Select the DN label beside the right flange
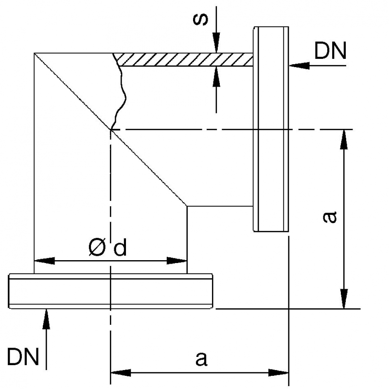[x=331, y=51]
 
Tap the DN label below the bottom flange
[x=23, y=357]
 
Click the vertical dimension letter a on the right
[x=330, y=217]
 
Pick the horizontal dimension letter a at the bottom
[x=201, y=359]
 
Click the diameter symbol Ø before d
[x=97, y=248]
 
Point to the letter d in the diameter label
[x=120, y=248]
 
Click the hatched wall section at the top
[x=185, y=60]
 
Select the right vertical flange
[x=271, y=129]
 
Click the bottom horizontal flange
[x=111, y=291]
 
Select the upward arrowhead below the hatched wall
[x=217, y=75]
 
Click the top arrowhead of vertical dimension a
[x=344, y=139]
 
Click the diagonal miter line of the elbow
[x=146, y=165]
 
